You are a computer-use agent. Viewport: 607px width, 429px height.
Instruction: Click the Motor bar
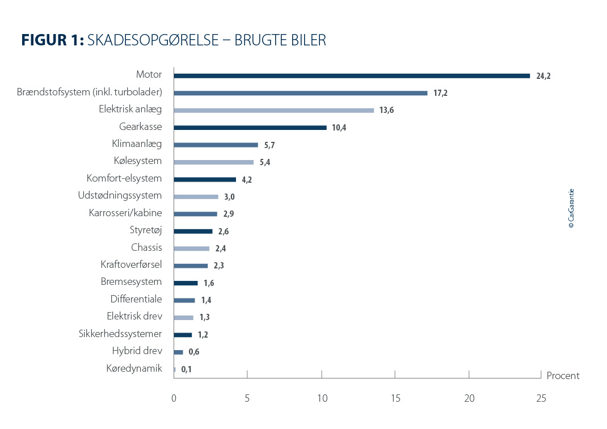(352, 75)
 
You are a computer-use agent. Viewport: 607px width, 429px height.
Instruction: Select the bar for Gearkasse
(250, 128)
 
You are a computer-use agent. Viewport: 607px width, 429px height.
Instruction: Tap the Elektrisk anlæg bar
(274, 110)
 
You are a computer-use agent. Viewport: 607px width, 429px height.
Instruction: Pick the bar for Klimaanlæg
(216, 145)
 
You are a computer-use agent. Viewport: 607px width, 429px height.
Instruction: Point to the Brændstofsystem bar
(301, 93)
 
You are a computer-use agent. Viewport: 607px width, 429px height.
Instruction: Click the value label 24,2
(543, 76)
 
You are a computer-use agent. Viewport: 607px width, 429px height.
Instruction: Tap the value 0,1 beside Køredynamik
(187, 369)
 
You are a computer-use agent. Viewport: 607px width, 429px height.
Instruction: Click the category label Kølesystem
(138, 161)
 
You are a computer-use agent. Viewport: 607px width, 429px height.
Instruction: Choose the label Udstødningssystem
(120, 196)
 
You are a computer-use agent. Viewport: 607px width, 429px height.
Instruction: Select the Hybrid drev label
(137, 351)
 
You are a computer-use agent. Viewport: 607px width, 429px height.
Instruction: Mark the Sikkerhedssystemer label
(120, 334)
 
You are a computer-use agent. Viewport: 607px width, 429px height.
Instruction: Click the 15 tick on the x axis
(395, 398)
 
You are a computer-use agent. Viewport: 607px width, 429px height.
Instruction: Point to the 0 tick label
(174, 398)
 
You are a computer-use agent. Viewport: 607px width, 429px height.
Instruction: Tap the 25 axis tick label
(541, 398)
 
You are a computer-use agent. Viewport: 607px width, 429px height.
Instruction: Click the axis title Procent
(563, 376)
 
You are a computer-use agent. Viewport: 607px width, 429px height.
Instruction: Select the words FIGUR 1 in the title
(53, 40)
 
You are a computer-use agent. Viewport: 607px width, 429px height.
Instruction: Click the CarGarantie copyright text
(571, 208)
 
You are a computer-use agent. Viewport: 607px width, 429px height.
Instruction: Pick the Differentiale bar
(184, 300)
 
